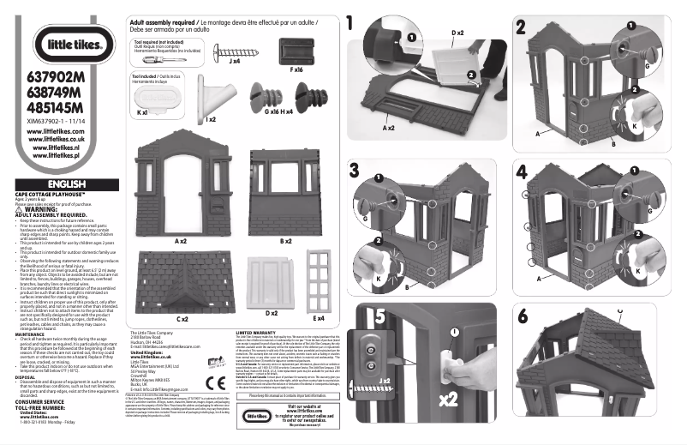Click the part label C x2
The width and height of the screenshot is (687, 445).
tap(182, 319)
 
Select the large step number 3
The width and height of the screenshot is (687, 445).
tap(353, 170)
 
